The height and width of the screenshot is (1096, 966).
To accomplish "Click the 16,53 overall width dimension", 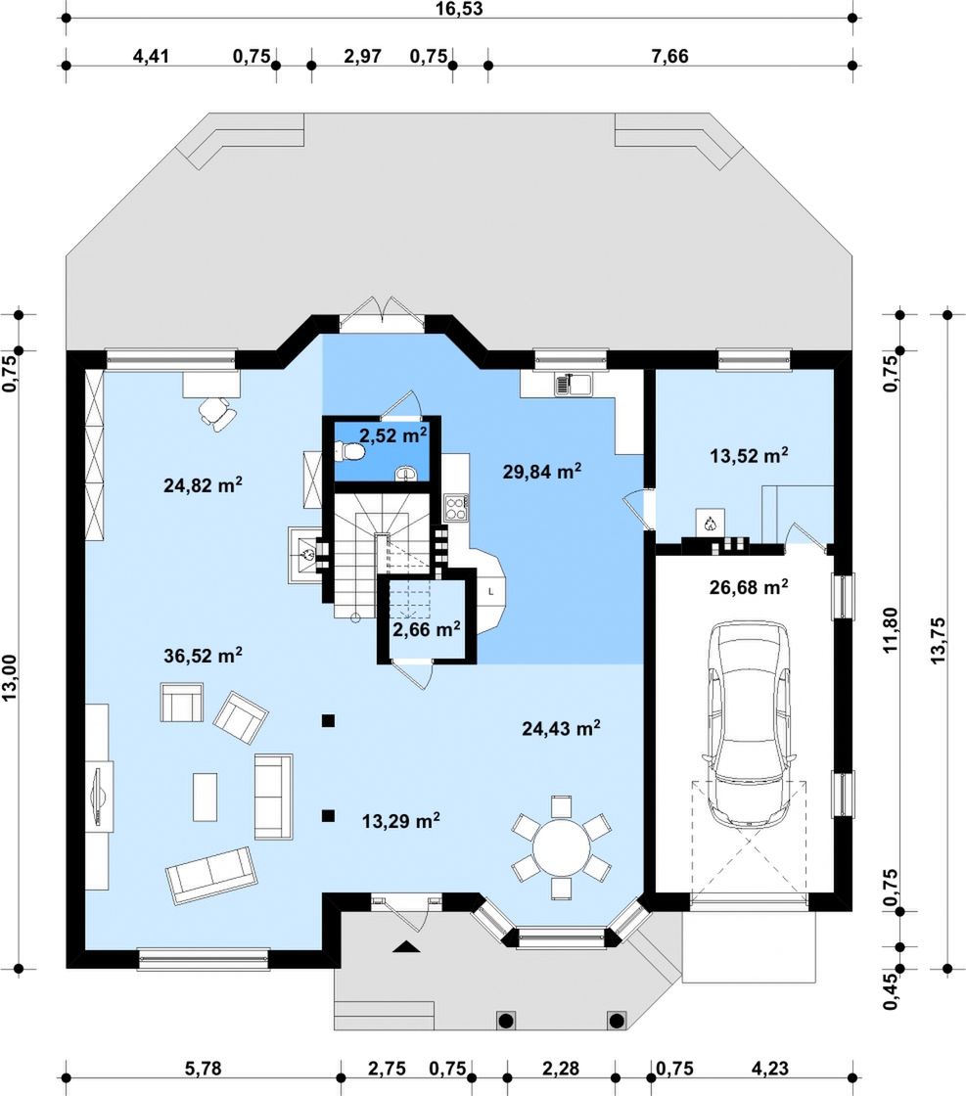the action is [x=459, y=9].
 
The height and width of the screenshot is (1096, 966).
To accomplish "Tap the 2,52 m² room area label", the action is [x=392, y=435].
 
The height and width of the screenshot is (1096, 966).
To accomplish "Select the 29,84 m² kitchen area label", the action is [x=541, y=471].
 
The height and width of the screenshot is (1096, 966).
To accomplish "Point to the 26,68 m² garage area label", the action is [x=749, y=586].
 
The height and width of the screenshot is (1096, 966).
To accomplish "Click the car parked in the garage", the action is [x=749, y=723].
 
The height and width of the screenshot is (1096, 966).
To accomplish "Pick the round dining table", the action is [x=561, y=847].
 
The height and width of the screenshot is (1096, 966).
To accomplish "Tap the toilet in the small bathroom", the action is [x=350, y=453].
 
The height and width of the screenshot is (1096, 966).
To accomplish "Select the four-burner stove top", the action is [x=456, y=507].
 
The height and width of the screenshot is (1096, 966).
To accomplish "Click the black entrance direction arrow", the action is [x=407, y=947].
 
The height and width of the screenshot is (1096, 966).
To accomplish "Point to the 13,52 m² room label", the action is [x=749, y=456].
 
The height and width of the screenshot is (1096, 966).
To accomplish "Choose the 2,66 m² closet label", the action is [x=427, y=630].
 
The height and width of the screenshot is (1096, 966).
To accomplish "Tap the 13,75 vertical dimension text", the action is [x=938, y=640].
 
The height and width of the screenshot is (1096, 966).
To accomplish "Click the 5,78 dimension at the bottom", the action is [x=203, y=1069].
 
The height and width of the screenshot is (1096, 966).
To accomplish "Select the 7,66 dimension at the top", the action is [x=669, y=56].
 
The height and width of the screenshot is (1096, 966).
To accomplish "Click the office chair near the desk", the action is [x=217, y=412].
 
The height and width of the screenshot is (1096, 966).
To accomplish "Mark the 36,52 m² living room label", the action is [x=203, y=656].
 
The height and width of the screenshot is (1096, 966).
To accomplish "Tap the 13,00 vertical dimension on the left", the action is [x=9, y=677].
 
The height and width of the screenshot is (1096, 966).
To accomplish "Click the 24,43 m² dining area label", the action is [x=561, y=728].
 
